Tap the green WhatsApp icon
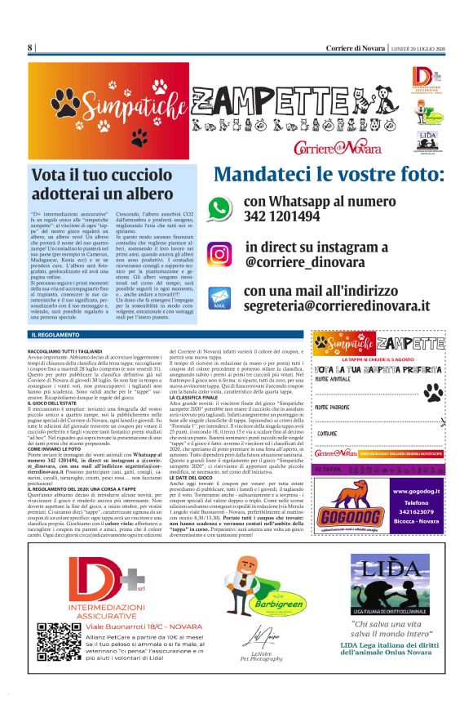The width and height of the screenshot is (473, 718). click(219, 208)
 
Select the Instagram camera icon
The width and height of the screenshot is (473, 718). click(219, 254)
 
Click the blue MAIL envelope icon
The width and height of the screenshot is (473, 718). click(219, 298)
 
